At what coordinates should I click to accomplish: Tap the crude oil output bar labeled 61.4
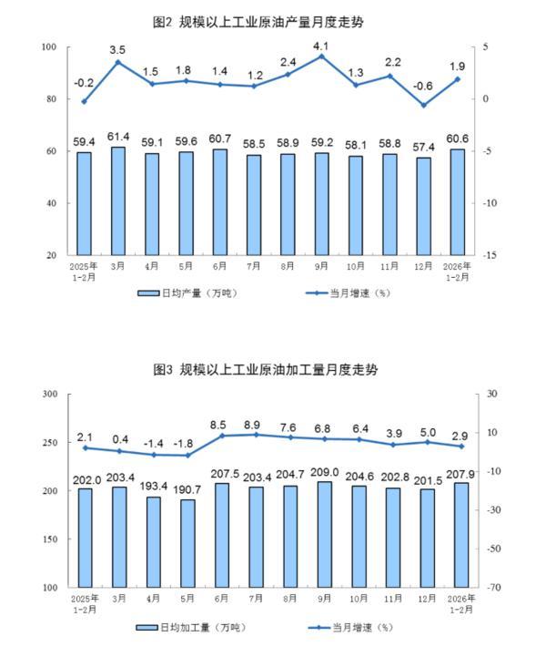pos(118,200)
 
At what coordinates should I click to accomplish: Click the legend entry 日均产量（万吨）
pos(188,293)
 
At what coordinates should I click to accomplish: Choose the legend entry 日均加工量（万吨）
pos(190,627)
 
